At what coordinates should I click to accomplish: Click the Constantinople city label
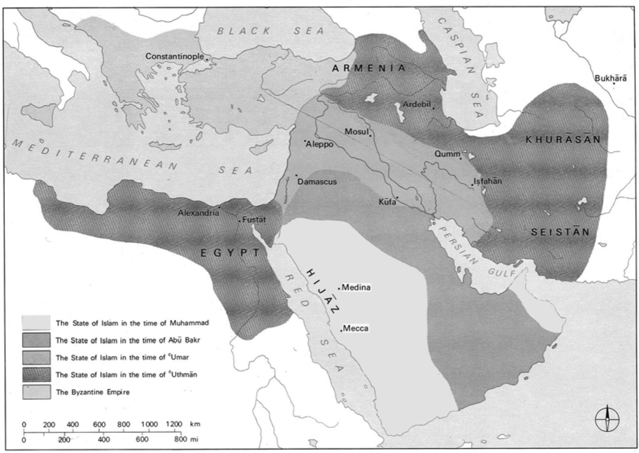[175, 56]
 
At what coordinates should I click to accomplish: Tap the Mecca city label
[356, 328]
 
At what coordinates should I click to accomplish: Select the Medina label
[356, 287]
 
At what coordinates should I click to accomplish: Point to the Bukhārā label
[610, 78]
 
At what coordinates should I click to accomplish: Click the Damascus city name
[317, 182]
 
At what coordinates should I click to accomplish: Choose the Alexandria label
[198, 213]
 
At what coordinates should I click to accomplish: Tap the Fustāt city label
[254, 220]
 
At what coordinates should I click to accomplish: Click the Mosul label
[356, 132]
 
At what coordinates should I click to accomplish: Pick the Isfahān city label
[487, 181]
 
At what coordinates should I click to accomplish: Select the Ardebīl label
[417, 105]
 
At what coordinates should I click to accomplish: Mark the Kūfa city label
[387, 202]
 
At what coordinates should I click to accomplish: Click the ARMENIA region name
[368, 68]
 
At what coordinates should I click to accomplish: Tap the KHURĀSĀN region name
[563, 140]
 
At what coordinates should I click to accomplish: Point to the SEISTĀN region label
[560, 232]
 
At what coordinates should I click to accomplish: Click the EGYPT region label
[230, 253]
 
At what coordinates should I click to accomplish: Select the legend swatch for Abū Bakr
[36, 340]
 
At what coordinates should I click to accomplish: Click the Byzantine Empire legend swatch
[36, 392]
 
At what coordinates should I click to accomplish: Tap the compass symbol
[607, 419]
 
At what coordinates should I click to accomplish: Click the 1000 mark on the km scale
[149, 424]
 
